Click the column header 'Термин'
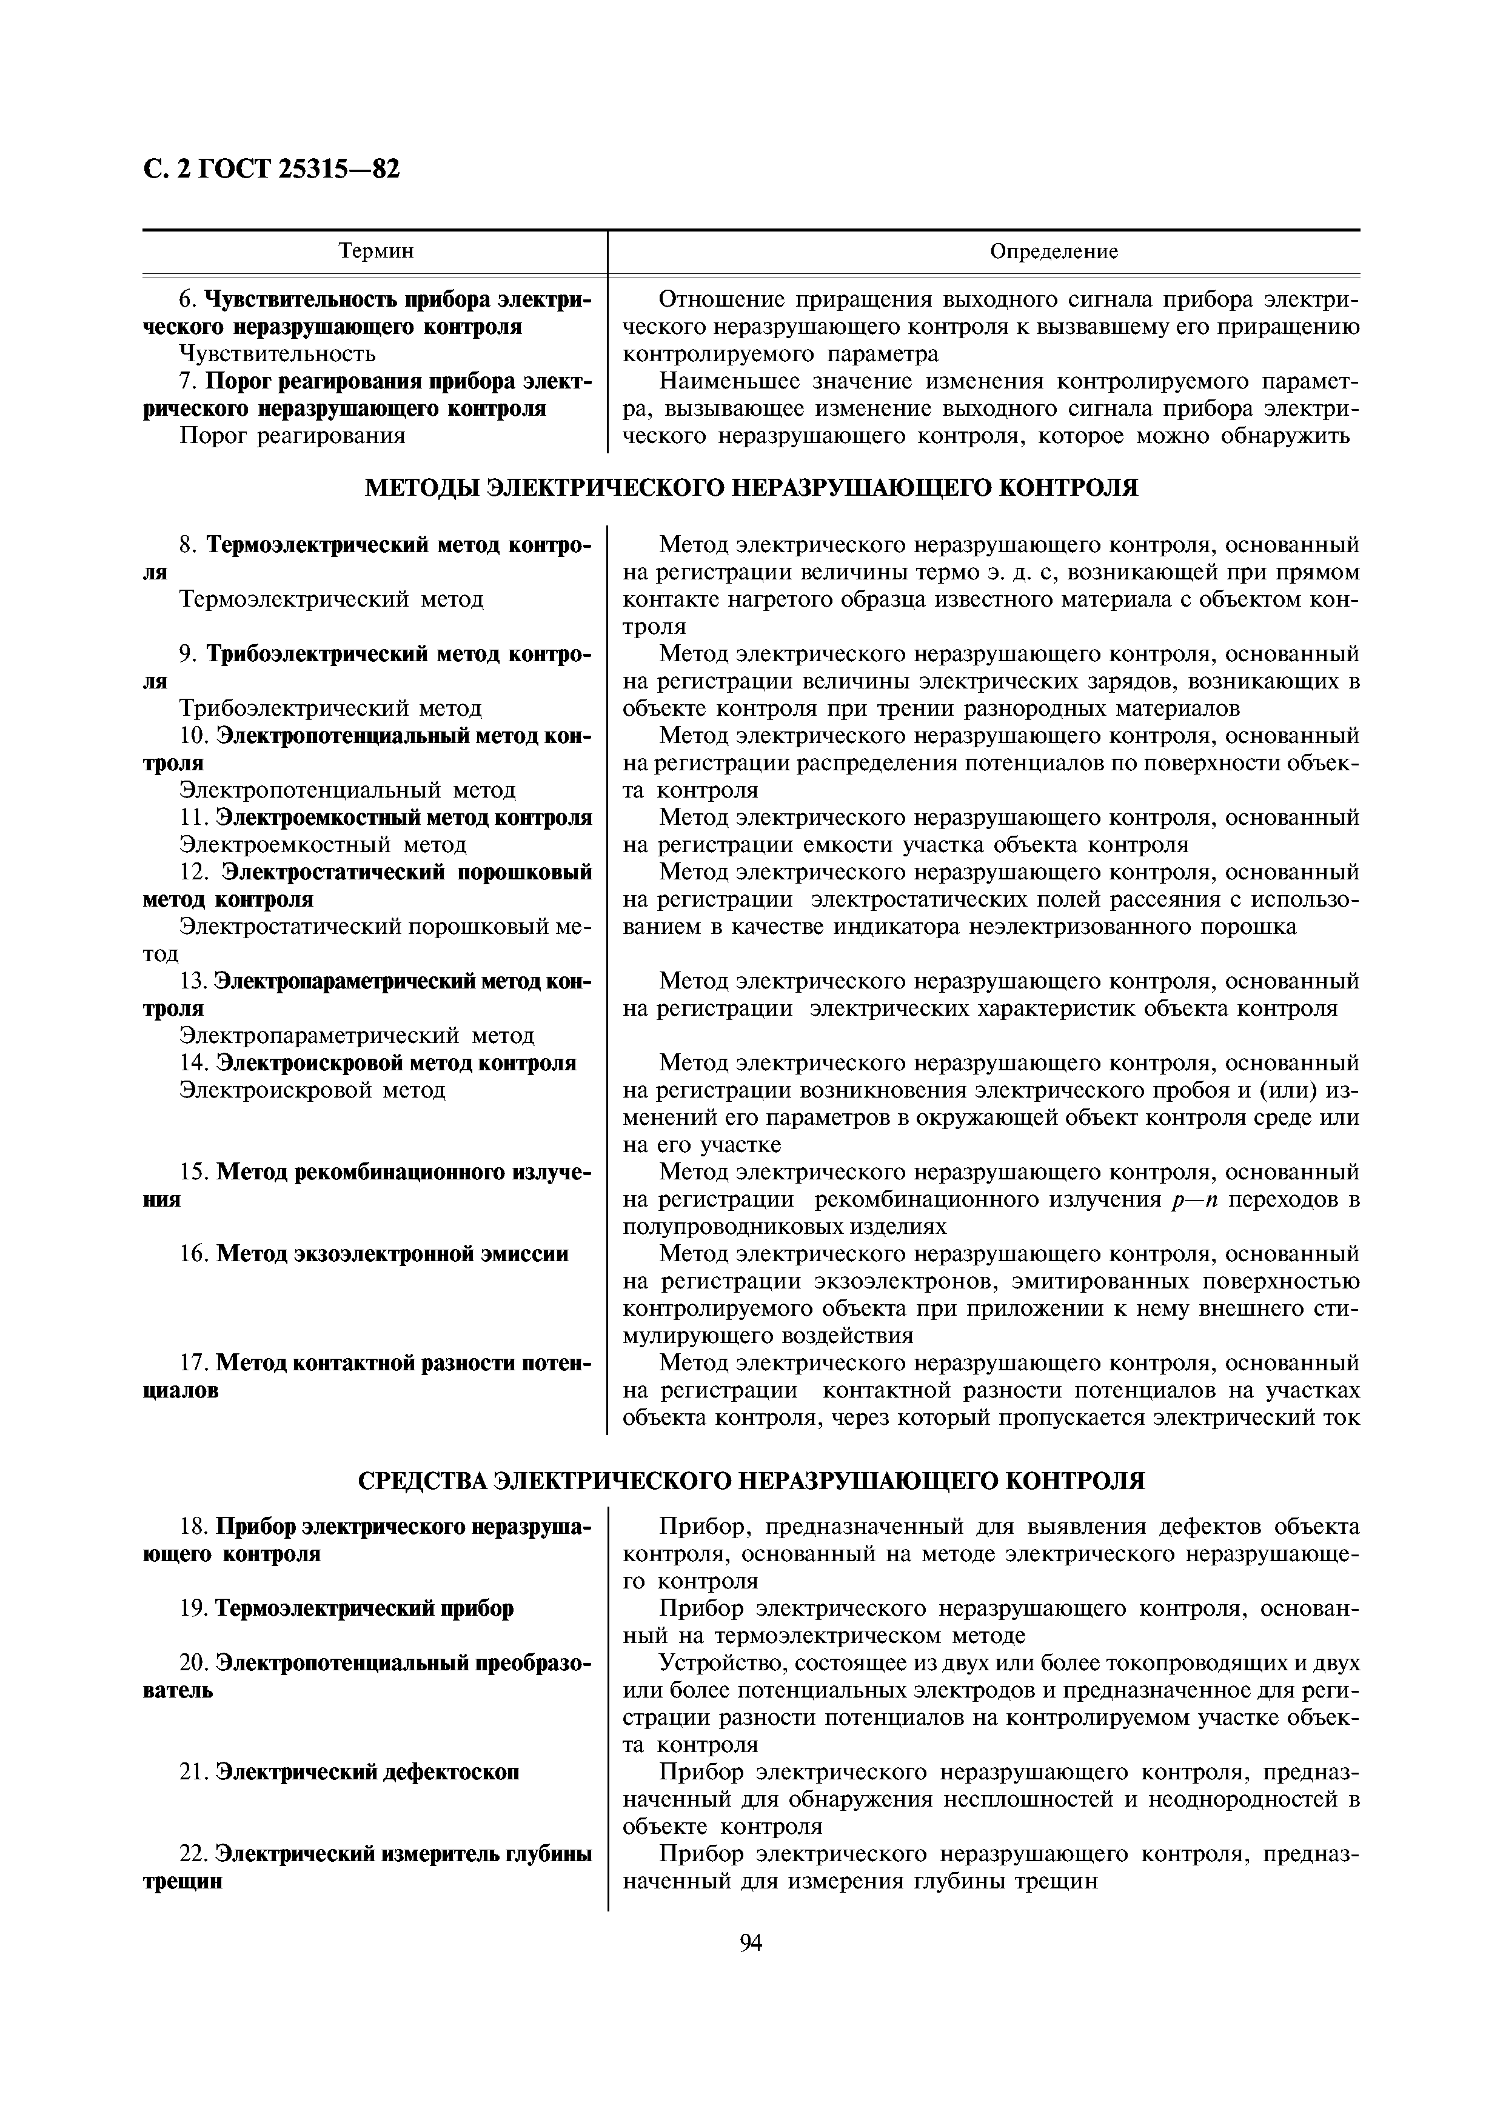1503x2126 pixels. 375,251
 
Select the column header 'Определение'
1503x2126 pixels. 1054,251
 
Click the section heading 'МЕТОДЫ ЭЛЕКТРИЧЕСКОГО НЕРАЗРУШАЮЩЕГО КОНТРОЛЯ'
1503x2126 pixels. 750,488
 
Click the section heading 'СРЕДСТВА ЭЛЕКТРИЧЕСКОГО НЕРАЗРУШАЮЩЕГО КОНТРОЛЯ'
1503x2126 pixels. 750,1481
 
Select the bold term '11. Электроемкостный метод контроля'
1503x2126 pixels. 385,818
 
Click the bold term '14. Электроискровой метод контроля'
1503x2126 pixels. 377,1063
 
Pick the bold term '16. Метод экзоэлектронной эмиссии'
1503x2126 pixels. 373,1254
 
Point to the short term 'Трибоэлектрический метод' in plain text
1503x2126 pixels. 330,708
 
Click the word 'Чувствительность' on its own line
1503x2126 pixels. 277,354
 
